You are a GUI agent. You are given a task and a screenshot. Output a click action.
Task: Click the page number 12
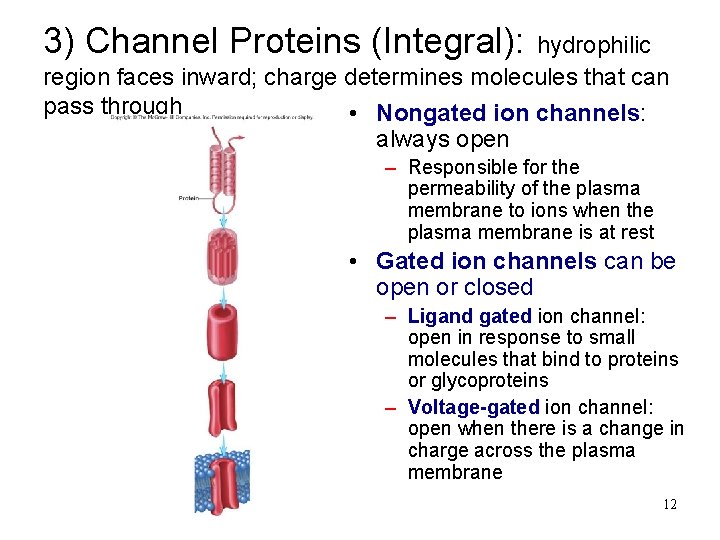pos(669,504)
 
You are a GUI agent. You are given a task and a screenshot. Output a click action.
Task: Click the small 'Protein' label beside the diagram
pos(188,198)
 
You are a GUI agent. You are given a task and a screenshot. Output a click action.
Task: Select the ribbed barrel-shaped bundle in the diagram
pos(222,257)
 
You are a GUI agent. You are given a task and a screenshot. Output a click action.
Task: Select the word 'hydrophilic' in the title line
pos(594,45)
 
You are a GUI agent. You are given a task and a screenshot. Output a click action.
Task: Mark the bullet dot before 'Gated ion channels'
pos(356,262)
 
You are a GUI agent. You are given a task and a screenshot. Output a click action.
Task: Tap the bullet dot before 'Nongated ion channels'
pos(356,114)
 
